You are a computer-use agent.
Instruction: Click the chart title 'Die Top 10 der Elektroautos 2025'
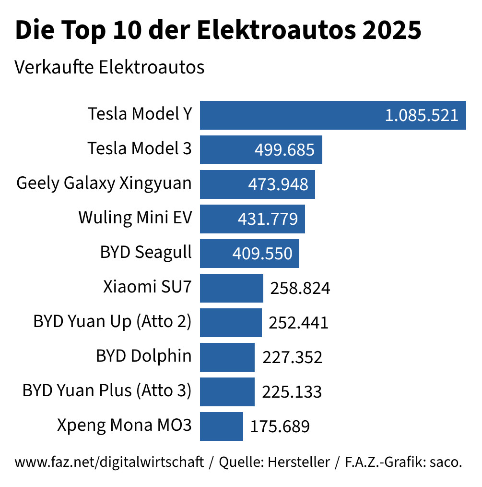point(218,31)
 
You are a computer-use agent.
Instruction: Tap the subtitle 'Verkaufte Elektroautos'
point(109,67)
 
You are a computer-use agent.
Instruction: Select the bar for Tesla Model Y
point(288,115)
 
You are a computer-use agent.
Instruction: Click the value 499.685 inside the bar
point(284,150)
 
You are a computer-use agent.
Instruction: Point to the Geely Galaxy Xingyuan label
point(104,183)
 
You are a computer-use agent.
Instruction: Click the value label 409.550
point(262,254)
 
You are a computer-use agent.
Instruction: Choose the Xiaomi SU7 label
point(147,287)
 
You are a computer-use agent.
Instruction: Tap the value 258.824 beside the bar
point(300,288)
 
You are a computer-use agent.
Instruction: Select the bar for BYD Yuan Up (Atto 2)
point(231,323)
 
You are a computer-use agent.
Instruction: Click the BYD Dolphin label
point(144,356)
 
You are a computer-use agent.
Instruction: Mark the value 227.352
point(292,357)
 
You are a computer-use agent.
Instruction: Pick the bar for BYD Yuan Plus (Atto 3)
point(227,392)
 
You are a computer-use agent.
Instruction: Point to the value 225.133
point(292,392)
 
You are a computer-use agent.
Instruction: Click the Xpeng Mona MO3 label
point(124,426)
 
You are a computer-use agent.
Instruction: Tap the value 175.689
point(280,426)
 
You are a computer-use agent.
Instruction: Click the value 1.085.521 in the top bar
point(422,115)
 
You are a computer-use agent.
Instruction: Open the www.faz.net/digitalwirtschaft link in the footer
point(109,463)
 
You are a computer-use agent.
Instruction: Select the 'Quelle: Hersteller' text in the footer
point(274,463)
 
